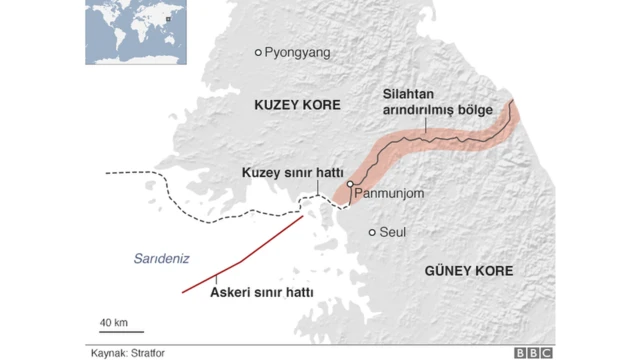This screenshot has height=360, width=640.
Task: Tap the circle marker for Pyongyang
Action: [x=258, y=52]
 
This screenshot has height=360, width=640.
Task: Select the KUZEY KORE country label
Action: [x=297, y=105]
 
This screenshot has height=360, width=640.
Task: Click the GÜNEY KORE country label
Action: [x=468, y=271]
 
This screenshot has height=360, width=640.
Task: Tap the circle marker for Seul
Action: [x=372, y=233]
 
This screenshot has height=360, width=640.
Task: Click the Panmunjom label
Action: [x=390, y=190]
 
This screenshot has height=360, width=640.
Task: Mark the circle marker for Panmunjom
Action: [x=350, y=184]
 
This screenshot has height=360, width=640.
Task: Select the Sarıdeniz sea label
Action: [x=160, y=258]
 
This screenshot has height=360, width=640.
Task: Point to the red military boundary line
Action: [x=240, y=262]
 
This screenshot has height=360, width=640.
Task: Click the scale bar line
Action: [x=121, y=332]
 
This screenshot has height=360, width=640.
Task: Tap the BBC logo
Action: [x=534, y=352]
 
